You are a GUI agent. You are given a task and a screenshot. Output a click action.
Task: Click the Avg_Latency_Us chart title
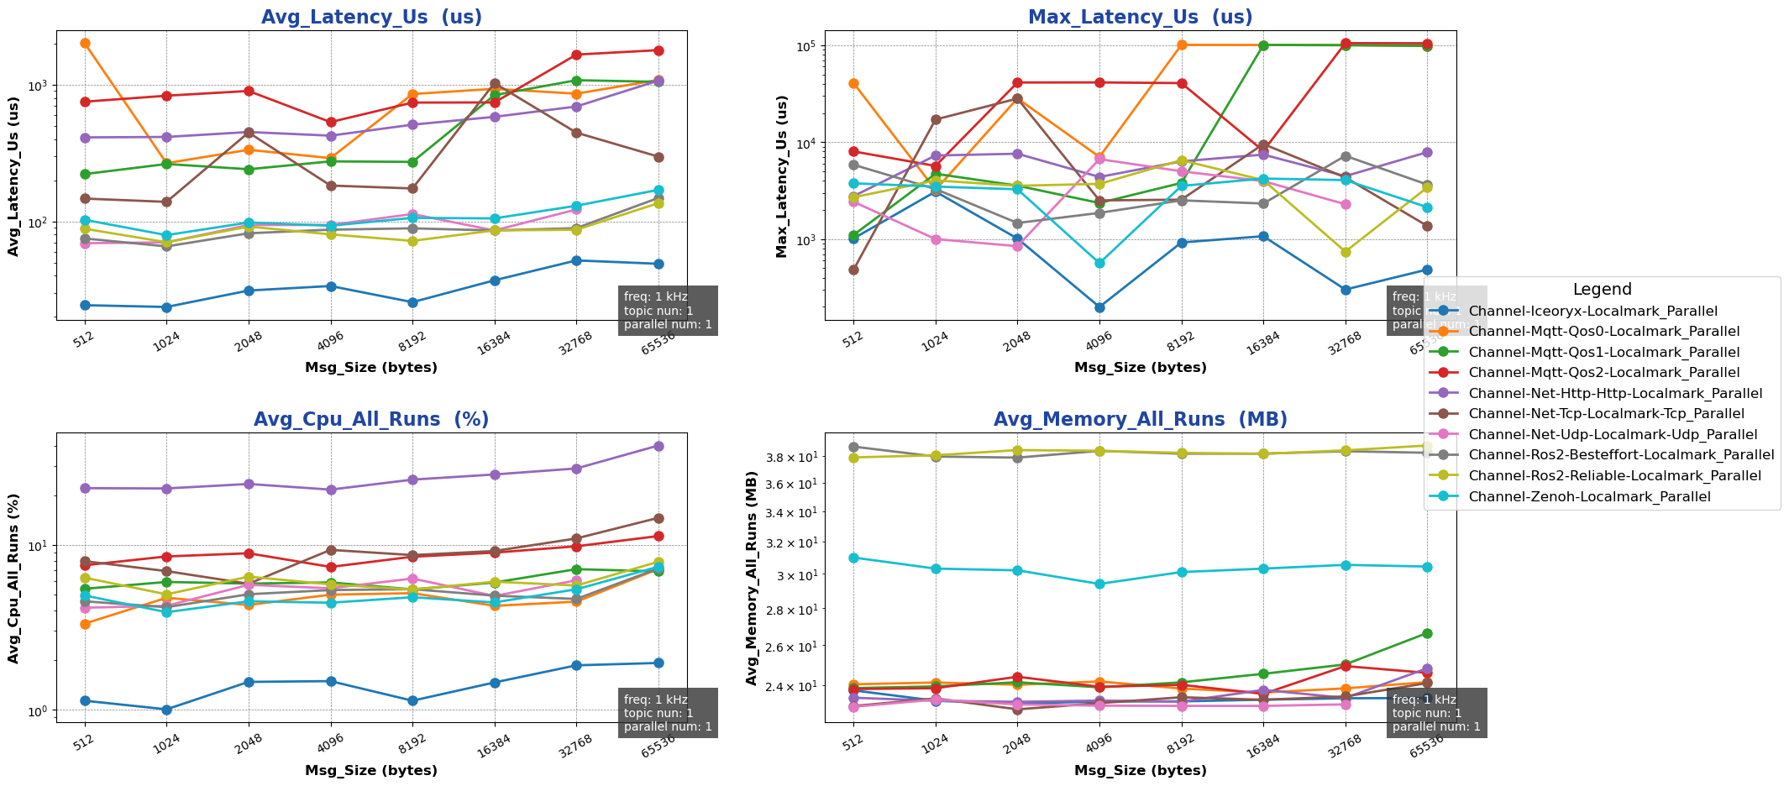click(371, 18)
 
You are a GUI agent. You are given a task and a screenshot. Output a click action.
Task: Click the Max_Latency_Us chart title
click(1140, 18)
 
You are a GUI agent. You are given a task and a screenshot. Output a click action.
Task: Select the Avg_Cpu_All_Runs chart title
click(371, 420)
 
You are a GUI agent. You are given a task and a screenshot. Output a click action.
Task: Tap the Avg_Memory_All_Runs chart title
click(1140, 420)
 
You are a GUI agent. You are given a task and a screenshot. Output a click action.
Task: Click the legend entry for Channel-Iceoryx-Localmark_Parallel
click(1592, 312)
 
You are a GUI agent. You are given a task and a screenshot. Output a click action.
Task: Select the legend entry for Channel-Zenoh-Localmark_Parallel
click(1589, 497)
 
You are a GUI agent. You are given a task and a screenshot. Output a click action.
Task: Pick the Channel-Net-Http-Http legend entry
click(1615, 394)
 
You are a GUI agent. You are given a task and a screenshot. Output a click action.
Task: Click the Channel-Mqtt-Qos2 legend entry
click(1604, 373)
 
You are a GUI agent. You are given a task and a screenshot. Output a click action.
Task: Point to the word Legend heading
click(1602, 290)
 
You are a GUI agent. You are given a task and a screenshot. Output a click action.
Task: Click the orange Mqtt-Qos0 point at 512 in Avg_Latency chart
click(85, 43)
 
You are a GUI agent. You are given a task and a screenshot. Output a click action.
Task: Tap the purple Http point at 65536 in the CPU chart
click(659, 446)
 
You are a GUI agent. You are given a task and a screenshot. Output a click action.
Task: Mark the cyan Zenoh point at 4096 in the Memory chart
click(1099, 584)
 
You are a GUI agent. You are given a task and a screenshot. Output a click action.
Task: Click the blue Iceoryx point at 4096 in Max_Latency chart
click(1099, 307)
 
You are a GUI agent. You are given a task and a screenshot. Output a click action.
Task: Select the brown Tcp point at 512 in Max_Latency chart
click(853, 270)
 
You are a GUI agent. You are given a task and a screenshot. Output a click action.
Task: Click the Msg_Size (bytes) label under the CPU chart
click(371, 771)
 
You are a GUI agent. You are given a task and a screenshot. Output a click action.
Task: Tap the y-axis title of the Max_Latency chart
click(782, 176)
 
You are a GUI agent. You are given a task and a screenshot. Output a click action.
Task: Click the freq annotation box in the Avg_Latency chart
click(668, 311)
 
